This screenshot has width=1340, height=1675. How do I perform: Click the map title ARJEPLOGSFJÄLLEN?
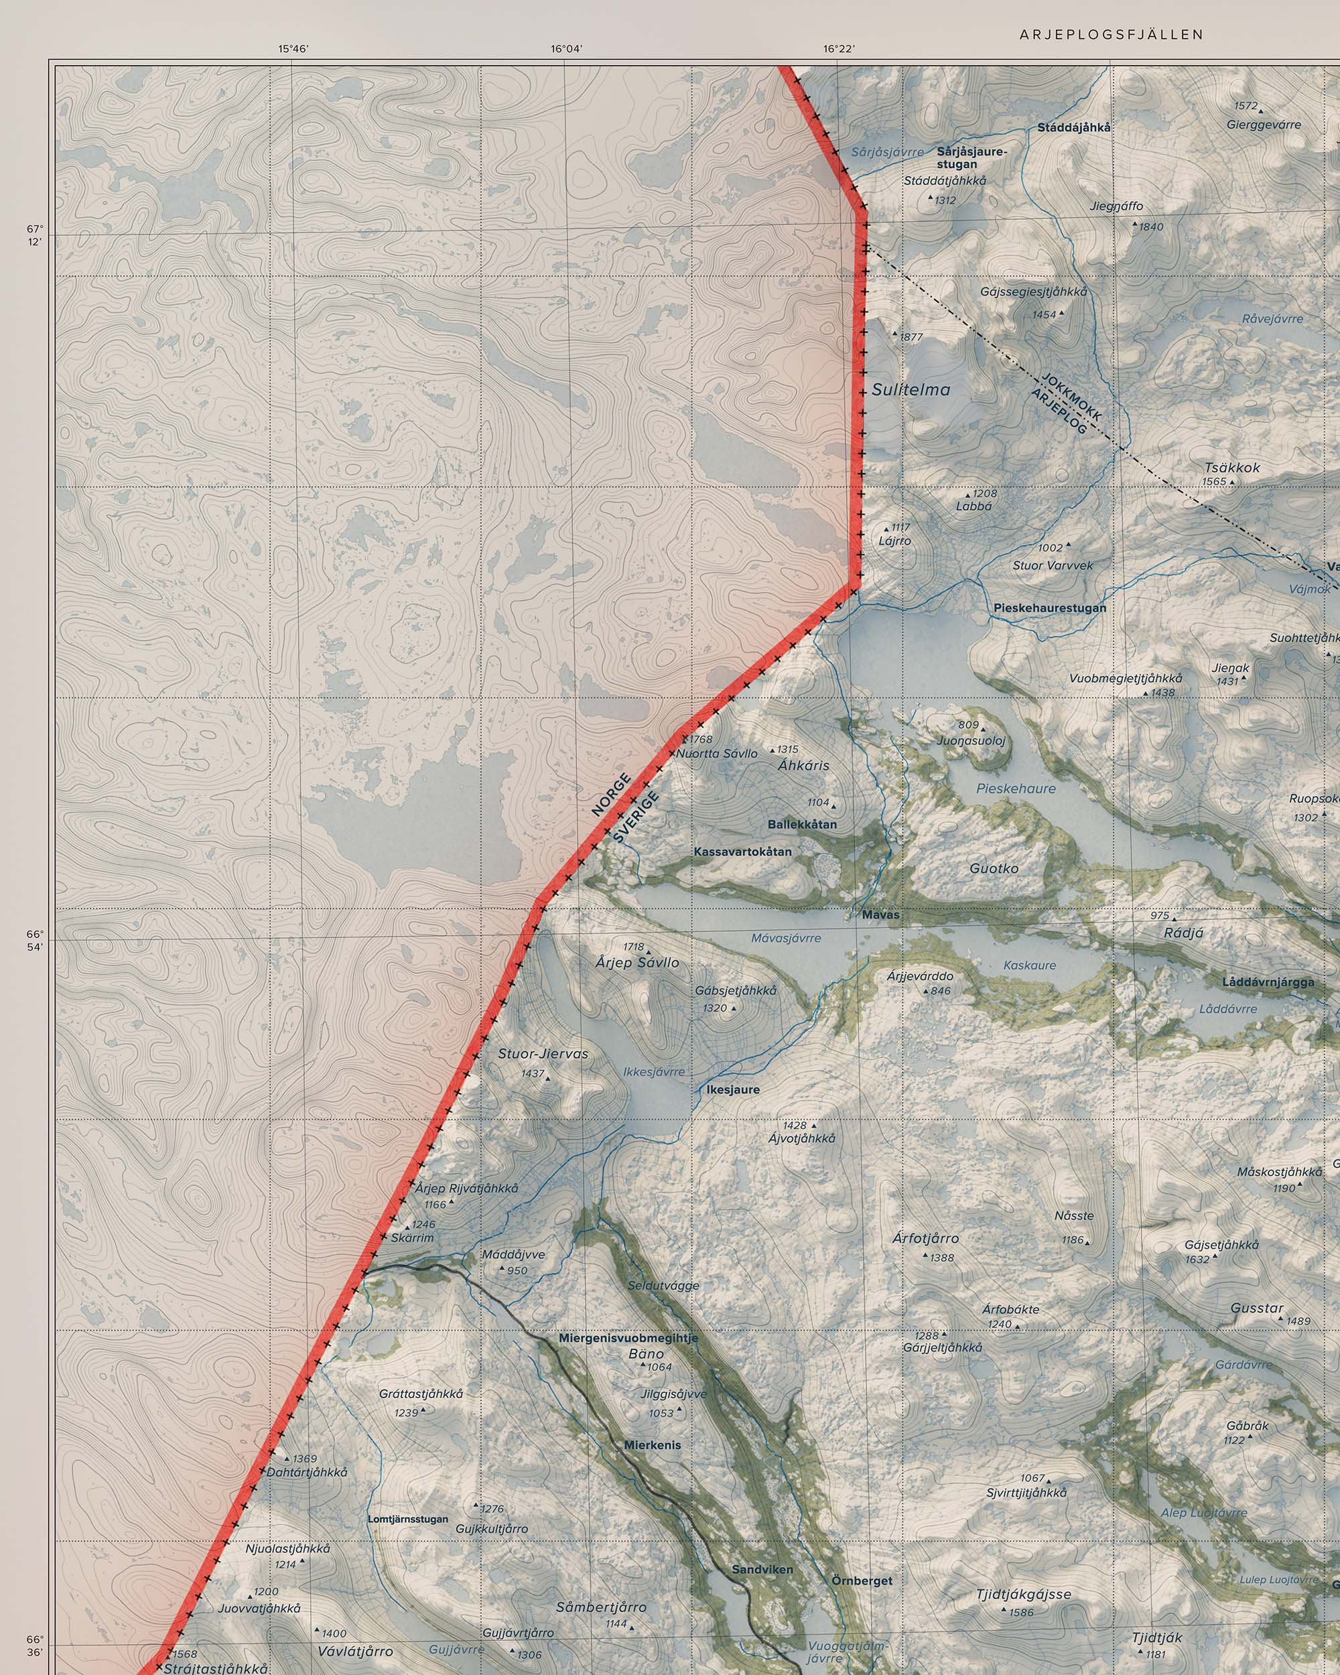[1112, 34]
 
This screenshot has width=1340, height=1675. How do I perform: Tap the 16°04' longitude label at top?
[566, 49]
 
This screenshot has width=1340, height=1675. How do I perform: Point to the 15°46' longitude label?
[293, 49]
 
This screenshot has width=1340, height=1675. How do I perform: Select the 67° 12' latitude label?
[36, 234]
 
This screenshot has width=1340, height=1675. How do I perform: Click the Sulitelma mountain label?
[911, 390]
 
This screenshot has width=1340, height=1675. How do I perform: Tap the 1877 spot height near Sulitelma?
[911, 337]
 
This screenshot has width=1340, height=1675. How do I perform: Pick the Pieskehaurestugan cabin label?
[1049, 608]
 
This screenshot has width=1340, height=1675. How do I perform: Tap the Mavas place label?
[880, 915]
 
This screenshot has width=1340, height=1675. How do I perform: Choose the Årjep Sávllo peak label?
[637, 963]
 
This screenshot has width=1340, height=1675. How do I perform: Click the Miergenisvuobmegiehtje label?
[628, 1338]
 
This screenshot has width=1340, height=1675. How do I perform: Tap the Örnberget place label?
[862, 1581]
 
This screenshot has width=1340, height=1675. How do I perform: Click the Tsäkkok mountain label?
[1232, 468]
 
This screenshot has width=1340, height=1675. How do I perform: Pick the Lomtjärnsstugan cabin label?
[408, 1519]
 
